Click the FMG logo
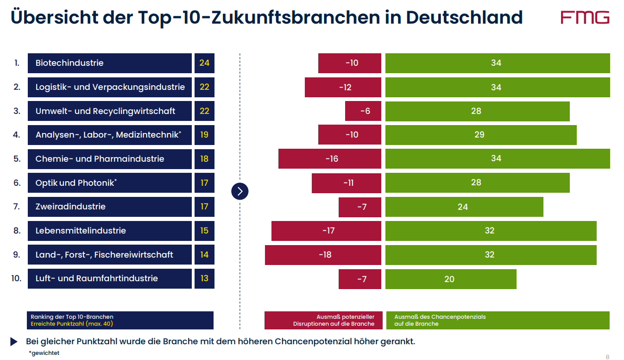(585, 18)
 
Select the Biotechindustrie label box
(109, 63)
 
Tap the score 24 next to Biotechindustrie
(204, 63)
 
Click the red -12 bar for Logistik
(343, 87)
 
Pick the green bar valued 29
(481, 135)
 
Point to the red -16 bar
(330, 158)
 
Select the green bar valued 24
(464, 207)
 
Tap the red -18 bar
(323, 255)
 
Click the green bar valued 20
(451, 279)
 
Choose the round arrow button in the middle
(240, 191)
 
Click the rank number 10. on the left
(17, 278)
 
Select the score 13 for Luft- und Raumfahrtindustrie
(204, 278)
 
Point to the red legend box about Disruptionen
(323, 320)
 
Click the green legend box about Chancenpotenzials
(498, 320)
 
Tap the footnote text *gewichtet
(44, 353)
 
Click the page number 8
(607, 357)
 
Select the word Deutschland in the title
(464, 18)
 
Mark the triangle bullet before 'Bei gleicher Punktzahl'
(14, 342)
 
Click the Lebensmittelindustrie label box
(109, 231)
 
